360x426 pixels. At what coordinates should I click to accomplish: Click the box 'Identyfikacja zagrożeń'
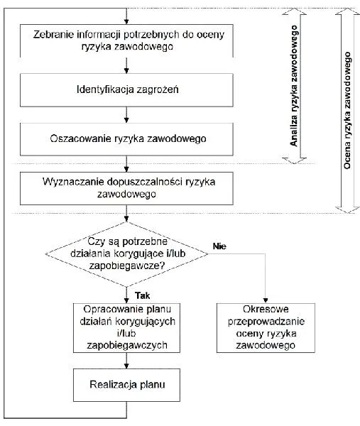coord(126,90)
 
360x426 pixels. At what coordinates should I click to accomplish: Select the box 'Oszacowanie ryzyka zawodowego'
coord(126,139)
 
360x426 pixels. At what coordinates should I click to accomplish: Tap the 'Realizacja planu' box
coord(126,385)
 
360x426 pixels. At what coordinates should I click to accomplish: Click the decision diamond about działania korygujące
coord(126,254)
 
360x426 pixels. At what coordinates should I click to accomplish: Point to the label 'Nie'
coord(219,246)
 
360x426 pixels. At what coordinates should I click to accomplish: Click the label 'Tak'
coord(143,295)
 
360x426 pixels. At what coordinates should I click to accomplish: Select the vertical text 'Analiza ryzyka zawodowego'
coord(294,86)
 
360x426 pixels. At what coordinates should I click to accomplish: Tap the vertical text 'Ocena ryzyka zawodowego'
coord(347,110)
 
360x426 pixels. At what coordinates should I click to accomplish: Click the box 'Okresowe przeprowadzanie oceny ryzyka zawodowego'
coord(266,328)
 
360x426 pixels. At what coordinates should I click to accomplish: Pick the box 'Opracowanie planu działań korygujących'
coord(126,328)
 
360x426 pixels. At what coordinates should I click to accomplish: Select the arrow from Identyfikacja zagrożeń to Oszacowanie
coord(126,114)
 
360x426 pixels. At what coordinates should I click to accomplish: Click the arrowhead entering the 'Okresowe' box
coord(266,300)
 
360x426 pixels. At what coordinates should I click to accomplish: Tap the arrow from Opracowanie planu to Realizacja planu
coord(126,361)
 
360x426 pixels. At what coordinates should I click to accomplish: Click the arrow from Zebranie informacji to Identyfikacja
coord(126,65)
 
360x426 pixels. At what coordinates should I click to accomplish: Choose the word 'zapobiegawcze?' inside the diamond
coord(127,266)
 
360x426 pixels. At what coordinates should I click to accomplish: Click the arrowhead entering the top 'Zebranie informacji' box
coord(126,21)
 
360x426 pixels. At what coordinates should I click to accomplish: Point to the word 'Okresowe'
coord(266,309)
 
